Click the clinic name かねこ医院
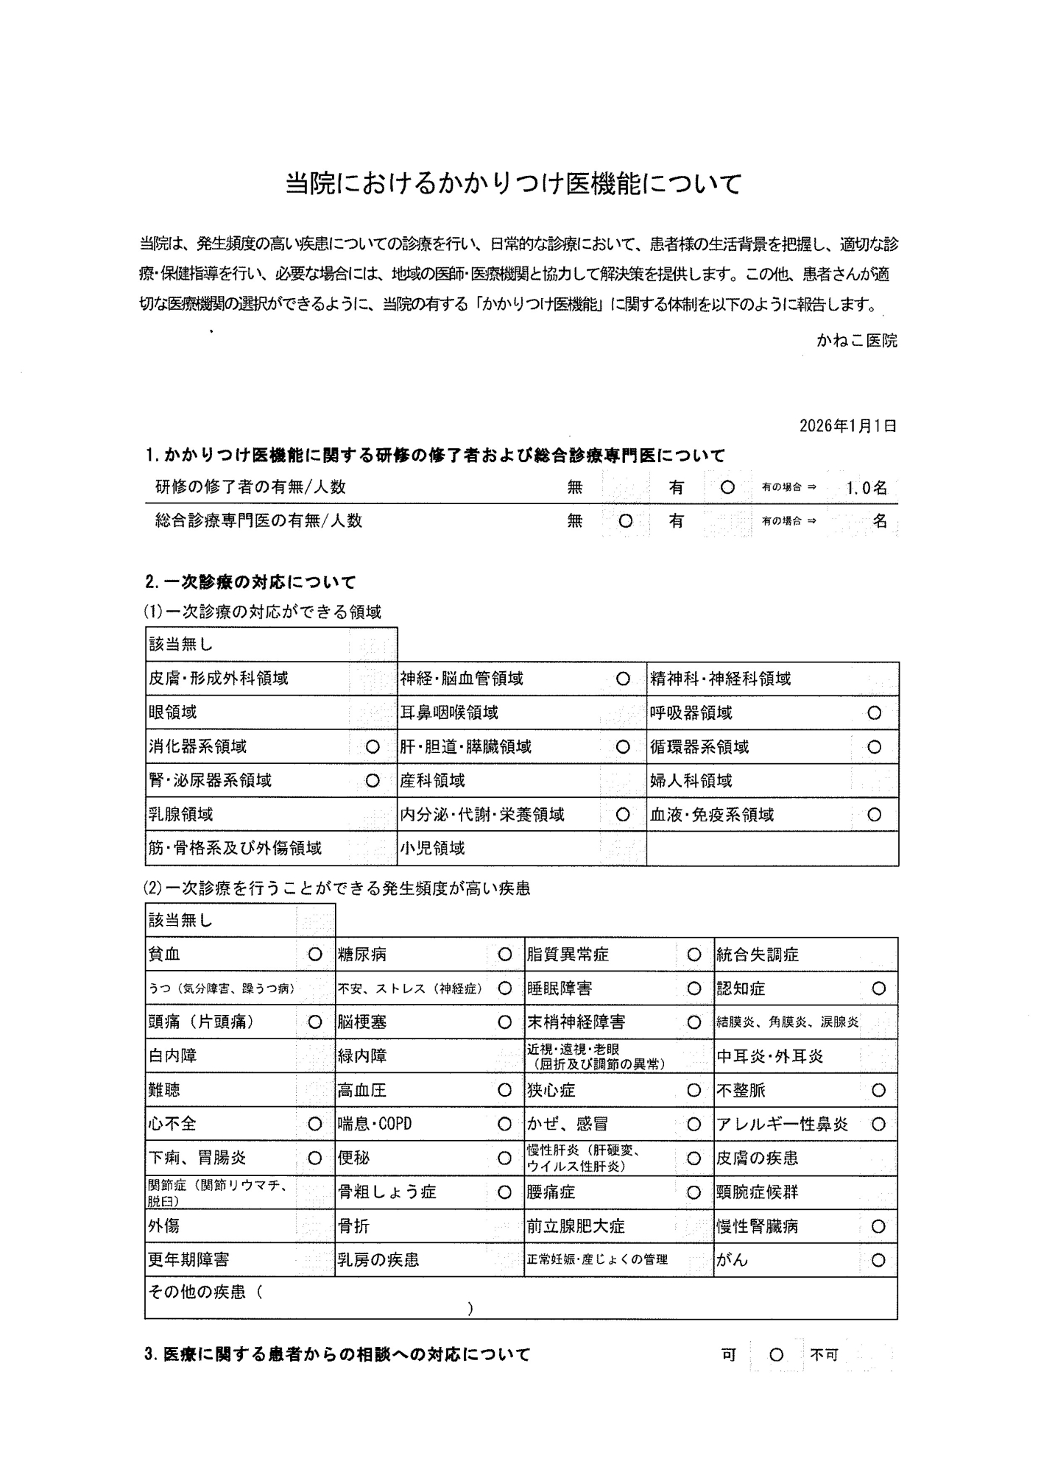856,341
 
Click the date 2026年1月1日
847,426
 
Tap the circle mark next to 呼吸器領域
874,713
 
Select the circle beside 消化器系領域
373,747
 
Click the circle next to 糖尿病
504,955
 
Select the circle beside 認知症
878,988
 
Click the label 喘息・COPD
375,1124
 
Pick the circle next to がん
878,1260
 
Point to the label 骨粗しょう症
387,1192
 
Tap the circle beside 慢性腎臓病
878,1226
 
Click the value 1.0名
867,488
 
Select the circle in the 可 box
776,1355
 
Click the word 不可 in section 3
825,1355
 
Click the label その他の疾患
197,1292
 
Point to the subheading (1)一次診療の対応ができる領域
263,612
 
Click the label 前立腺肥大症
576,1226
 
